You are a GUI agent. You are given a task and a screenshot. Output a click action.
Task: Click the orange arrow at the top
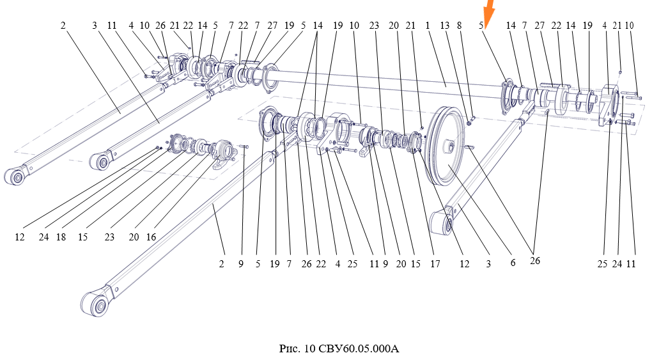(489, 12)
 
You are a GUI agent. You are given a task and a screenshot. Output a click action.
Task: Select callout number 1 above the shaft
(428, 26)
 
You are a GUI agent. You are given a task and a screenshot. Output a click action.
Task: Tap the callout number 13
(444, 26)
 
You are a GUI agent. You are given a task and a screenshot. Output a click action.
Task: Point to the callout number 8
(459, 26)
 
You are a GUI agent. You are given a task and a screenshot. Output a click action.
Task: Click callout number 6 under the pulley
(513, 263)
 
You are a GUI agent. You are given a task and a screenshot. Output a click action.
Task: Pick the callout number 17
(435, 264)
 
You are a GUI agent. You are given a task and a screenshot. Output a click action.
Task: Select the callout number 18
(61, 237)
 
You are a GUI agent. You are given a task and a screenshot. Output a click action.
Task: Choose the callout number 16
(151, 237)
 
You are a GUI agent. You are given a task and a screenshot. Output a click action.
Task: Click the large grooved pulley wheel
(446, 146)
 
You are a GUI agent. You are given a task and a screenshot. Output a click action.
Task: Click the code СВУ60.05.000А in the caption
(359, 348)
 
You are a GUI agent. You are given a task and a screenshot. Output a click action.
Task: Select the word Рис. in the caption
(288, 348)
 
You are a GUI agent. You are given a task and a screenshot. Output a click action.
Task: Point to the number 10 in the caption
(309, 348)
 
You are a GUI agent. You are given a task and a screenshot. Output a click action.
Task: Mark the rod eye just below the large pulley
(443, 220)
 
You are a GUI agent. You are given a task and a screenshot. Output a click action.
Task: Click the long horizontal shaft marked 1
(382, 84)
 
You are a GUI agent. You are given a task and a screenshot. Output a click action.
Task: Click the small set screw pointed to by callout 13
(470, 122)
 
